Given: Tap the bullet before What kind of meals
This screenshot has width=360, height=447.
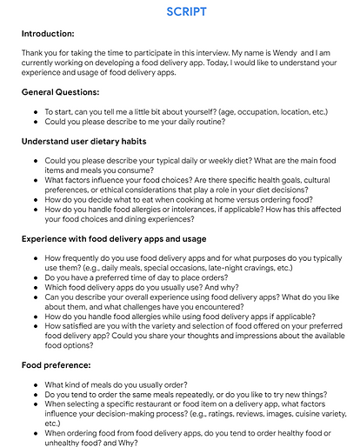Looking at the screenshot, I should [34, 384].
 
